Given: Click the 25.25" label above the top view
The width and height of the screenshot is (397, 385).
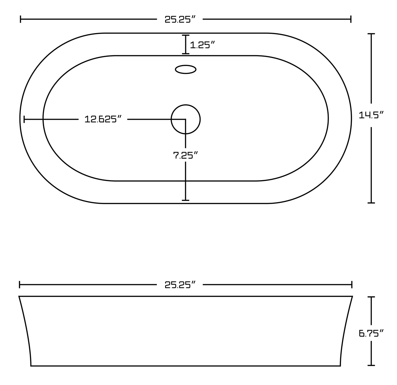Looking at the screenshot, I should tap(180, 19).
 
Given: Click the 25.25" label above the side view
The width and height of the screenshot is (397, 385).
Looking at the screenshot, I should tap(180, 285).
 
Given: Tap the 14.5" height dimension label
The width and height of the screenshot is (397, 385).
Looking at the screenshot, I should tap(371, 115).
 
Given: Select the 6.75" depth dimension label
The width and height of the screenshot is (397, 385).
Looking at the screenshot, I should tap(371, 333).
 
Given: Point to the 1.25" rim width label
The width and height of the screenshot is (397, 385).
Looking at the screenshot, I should tap(202, 45).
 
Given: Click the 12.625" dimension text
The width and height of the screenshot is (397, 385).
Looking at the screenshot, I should tap(103, 119).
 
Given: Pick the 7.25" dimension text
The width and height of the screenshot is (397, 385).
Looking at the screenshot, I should tap(186, 155).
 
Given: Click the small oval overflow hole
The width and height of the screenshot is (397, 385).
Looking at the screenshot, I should tap(186, 69).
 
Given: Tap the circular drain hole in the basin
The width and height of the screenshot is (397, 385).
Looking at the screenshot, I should tap(186, 119).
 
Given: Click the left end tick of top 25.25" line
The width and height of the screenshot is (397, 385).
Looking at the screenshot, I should tap(21, 19).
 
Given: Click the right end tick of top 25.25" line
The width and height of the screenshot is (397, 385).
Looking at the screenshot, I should tap(351, 19).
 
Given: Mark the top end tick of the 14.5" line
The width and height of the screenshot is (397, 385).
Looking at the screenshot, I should tap(371, 34).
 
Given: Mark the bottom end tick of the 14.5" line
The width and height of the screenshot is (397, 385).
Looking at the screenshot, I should tap(371, 203).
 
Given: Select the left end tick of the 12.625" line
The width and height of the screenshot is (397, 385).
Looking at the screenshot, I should tap(24, 119).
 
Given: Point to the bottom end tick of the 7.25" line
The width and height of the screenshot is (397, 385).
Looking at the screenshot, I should tap(186, 200).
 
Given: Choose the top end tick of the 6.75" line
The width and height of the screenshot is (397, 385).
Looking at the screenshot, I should tap(371, 297).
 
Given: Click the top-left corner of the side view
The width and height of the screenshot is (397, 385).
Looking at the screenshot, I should tap(19, 296).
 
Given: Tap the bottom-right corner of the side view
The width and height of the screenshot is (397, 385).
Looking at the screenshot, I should tap(340, 366).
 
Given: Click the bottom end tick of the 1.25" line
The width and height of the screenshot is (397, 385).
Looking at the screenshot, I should tap(186, 54).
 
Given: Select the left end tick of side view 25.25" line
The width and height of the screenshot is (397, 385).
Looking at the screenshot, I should tap(20, 285).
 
